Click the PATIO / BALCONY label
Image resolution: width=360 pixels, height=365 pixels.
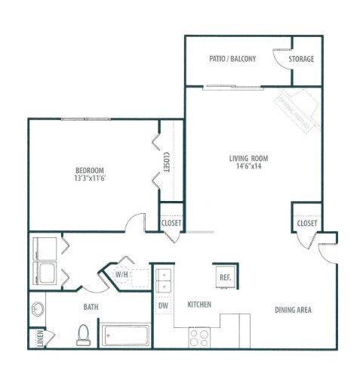tap(232, 59)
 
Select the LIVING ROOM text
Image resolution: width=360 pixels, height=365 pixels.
tap(248, 158)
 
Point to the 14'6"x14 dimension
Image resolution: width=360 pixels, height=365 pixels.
tap(248, 168)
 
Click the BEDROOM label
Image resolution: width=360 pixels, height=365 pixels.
tap(89, 170)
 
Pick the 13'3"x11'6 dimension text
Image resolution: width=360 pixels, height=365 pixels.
tap(89, 180)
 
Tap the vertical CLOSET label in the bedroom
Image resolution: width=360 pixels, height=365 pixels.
tap(166, 163)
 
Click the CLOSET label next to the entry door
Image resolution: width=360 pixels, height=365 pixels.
tap(306, 224)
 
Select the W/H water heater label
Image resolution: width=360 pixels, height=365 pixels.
tap(122, 274)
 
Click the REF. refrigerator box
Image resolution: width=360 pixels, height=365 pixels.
tap(225, 277)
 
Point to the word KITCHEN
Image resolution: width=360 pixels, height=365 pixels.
tap(199, 305)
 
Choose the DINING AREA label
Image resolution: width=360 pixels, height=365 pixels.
tap(293, 310)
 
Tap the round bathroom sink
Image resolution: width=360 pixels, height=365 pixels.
tap(39, 311)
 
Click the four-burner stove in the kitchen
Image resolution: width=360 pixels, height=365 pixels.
tap(198, 337)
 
